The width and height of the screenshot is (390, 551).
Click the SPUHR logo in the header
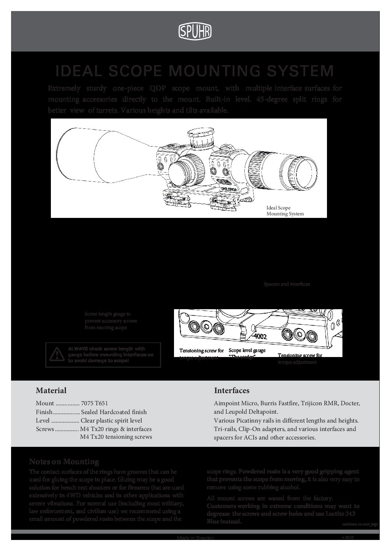pos(195,32)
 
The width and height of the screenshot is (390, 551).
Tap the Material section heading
pos(51,391)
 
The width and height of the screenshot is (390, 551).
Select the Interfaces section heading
pos(231,391)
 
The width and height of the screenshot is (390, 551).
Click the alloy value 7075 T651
pos(94,403)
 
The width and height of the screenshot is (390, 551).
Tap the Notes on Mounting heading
pos(64,462)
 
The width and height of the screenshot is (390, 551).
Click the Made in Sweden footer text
pos(195,538)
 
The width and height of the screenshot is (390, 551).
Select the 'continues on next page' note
pos(360,524)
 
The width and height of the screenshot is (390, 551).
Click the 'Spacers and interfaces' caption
pos(287,284)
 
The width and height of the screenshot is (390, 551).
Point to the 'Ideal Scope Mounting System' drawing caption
pos(285,211)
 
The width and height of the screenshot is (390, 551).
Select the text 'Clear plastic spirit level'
pos(111,420)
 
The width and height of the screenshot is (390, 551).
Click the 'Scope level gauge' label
pos(247,351)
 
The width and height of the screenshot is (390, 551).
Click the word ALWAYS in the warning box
pos(77,349)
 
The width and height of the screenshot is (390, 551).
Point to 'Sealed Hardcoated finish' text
pos(114,412)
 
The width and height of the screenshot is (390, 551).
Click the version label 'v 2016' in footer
pos(348,538)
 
